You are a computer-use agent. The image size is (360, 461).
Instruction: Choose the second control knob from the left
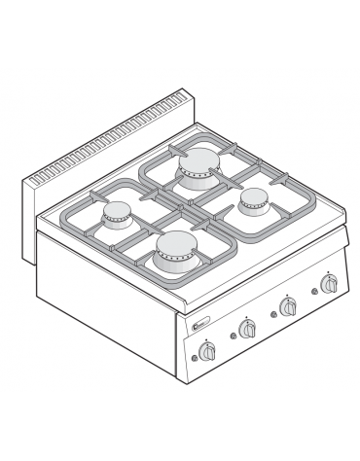pos(248,330)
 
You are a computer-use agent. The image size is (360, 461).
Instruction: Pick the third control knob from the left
pos(288,307)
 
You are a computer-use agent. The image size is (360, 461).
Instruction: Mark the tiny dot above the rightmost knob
pos(329,271)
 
